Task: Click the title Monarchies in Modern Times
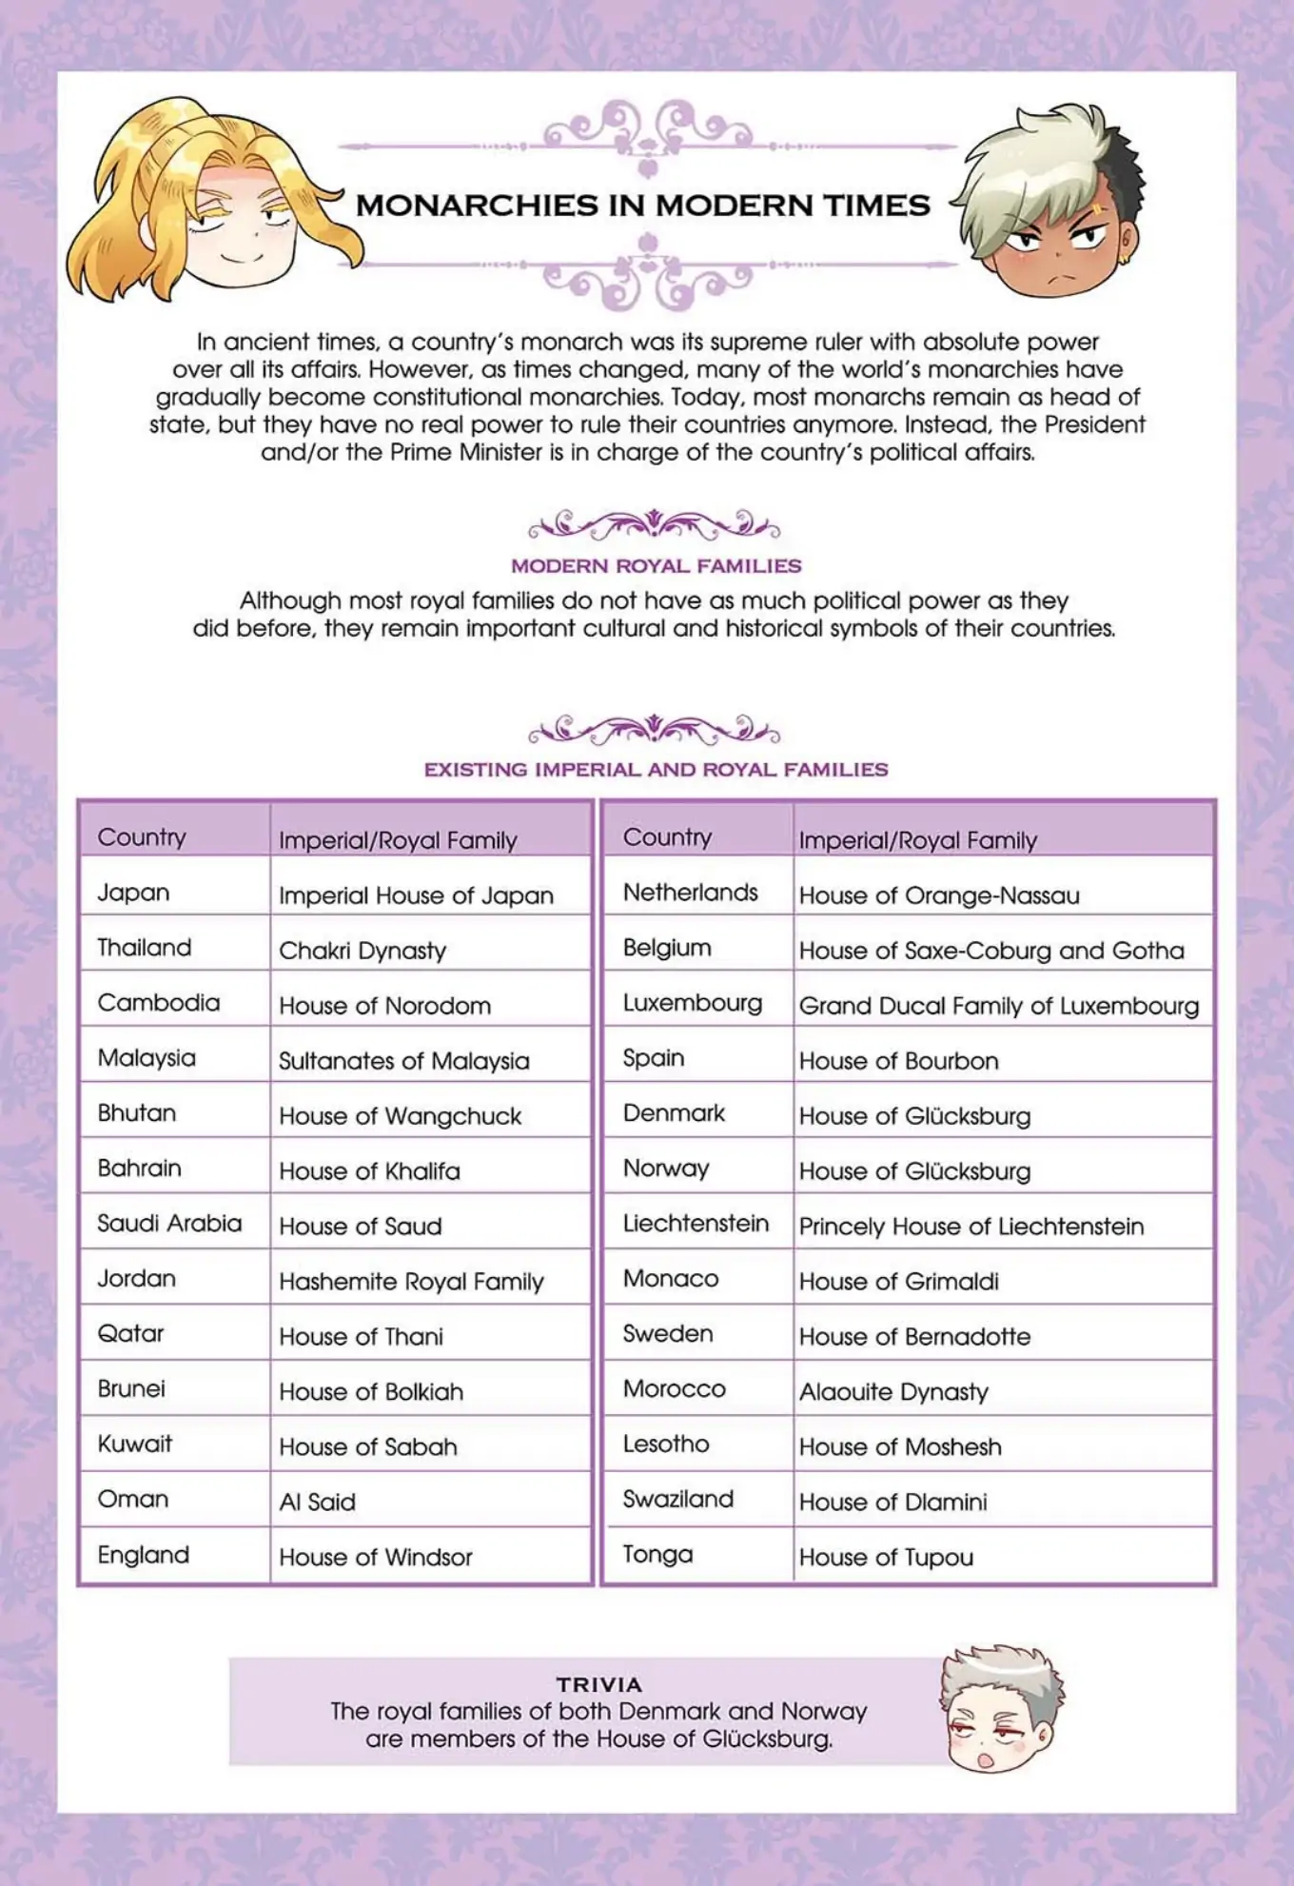point(643,205)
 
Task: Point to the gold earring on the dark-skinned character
point(1125,258)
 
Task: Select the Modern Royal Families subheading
point(657,566)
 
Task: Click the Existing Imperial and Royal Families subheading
point(656,770)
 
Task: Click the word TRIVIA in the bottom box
point(598,1684)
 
